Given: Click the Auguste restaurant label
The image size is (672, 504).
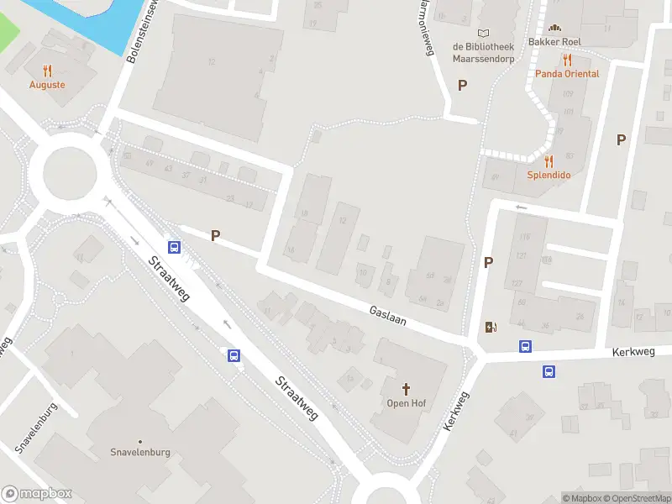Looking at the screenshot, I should (47, 85).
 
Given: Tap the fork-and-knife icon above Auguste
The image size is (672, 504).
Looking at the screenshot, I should (47, 71).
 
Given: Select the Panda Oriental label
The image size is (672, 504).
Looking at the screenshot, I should (569, 74).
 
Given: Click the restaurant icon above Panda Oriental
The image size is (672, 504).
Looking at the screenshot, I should (568, 60).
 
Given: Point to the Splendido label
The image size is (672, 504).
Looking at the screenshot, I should (549, 175).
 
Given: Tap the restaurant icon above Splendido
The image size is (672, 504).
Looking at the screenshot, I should (549, 160).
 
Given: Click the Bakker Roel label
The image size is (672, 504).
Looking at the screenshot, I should (554, 42).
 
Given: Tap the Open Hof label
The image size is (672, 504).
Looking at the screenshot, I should (407, 403).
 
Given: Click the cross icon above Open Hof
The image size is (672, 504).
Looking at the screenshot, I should (407, 389).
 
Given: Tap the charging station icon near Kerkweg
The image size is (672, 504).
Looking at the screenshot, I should (491, 327).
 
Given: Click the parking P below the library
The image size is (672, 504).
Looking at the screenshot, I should (462, 85).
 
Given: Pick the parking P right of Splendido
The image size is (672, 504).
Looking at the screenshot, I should (622, 140).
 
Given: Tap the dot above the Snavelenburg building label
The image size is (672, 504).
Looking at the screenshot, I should (140, 442).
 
